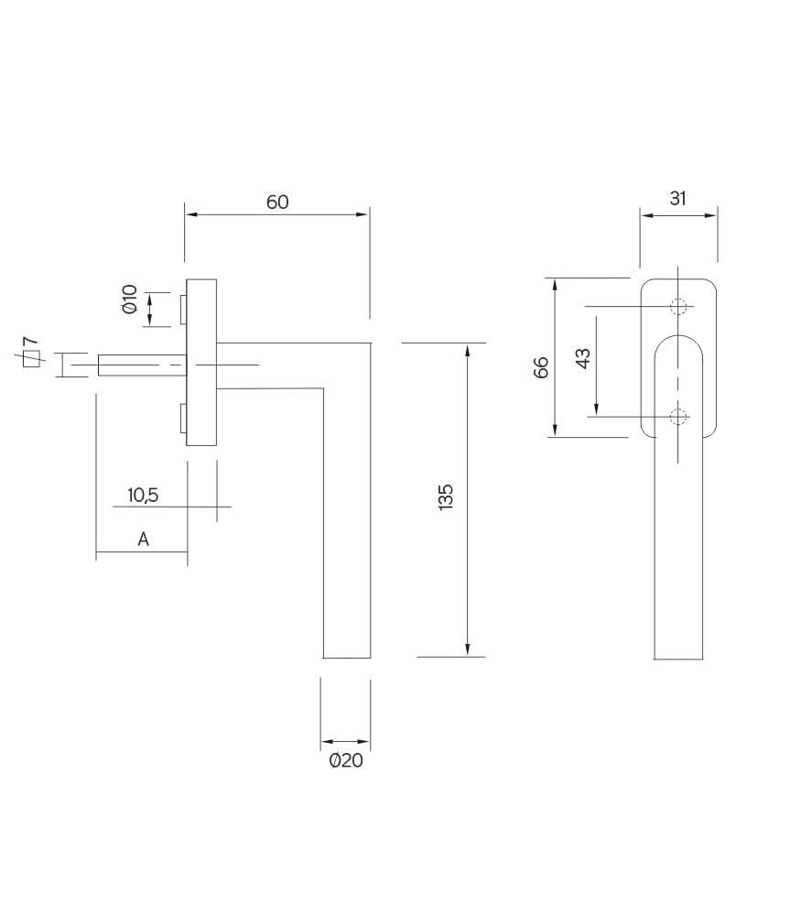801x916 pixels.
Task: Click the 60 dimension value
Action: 277,202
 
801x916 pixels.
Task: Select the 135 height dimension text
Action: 446,497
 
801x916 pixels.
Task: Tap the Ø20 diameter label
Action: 346,760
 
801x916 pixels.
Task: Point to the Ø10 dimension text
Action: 130,300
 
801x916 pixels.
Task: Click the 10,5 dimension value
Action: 143,496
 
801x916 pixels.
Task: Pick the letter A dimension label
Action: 144,540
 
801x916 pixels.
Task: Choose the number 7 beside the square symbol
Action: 30,342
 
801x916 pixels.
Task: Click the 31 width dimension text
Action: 677,199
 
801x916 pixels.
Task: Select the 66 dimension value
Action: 542,367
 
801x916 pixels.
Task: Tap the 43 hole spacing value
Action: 583,358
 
